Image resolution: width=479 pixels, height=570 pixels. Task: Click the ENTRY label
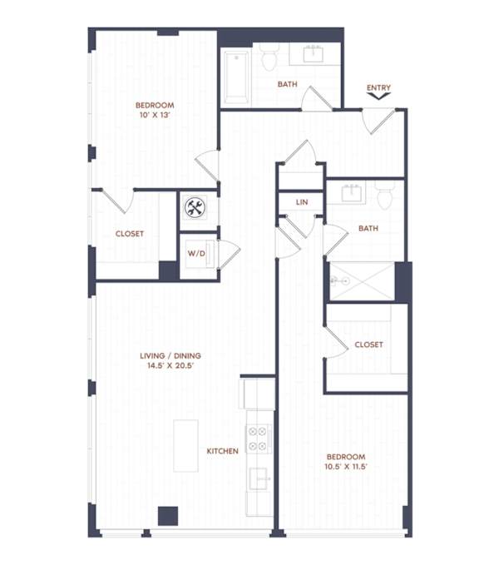tap(378, 87)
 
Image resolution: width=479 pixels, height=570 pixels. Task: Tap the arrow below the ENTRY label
tap(378, 96)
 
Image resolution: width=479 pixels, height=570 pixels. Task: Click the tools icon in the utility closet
tap(195, 207)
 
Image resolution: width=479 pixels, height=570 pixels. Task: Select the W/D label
tap(196, 253)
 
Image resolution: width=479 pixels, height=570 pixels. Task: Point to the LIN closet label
tap(302, 202)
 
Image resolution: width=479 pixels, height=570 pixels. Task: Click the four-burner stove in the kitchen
tap(258, 438)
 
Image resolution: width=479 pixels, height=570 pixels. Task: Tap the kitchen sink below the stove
tap(259, 478)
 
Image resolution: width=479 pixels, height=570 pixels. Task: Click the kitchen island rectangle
tap(185, 446)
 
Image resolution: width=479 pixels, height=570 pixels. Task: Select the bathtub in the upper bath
tap(236, 77)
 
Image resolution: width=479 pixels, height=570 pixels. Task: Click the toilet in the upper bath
tap(269, 57)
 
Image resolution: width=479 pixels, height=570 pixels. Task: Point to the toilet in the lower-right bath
tap(385, 196)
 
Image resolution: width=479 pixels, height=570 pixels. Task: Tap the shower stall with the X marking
tap(362, 281)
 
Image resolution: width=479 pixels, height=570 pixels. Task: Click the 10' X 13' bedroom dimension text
tap(156, 115)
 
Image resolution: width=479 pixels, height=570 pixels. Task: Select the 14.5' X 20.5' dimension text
tap(170, 365)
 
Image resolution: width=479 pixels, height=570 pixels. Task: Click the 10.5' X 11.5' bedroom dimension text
tap(346, 466)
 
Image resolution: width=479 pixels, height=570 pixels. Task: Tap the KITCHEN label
tap(222, 451)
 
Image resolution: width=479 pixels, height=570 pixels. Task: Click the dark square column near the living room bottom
tap(168, 516)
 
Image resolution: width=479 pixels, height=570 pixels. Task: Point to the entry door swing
tap(378, 121)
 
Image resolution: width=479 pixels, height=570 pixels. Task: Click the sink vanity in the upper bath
tap(314, 54)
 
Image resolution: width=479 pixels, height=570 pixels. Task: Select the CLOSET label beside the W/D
tap(130, 234)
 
